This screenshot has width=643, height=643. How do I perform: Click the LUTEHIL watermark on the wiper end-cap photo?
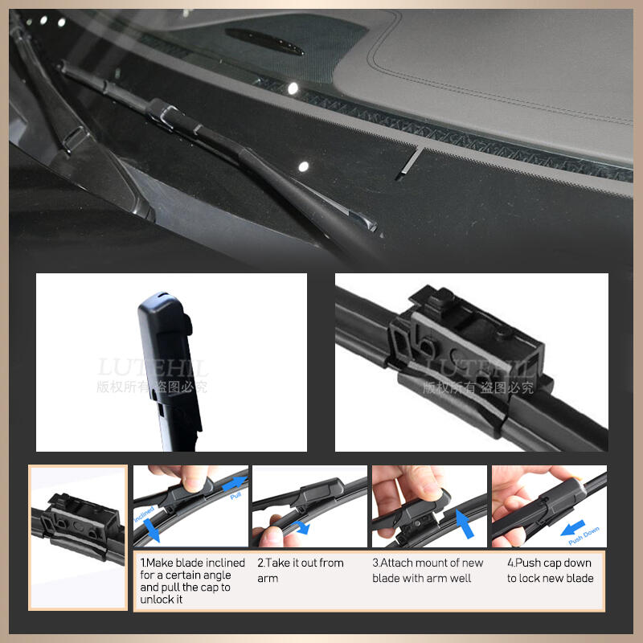click(x=153, y=369)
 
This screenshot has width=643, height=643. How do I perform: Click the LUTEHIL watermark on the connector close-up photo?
click(x=479, y=369)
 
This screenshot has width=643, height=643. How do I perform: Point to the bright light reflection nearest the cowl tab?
click(x=303, y=166)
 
